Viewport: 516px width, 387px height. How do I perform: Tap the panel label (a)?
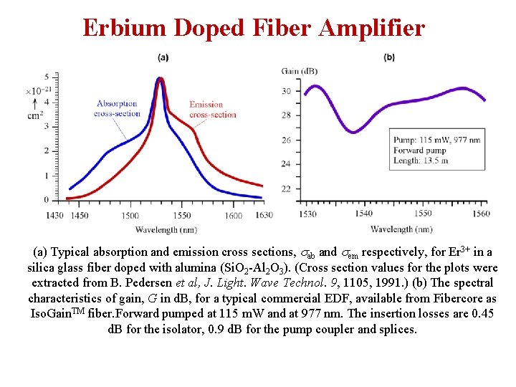click(x=163, y=57)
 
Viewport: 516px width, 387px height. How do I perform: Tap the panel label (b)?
click(x=390, y=57)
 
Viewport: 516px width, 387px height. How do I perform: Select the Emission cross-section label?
click(x=212, y=110)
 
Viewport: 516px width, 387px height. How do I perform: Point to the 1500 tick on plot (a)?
click(x=130, y=215)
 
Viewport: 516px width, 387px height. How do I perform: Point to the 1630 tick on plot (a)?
click(x=264, y=215)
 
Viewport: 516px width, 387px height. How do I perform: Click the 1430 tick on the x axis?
click(x=54, y=215)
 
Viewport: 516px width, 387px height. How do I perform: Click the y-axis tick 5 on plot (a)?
click(x=47, y=76)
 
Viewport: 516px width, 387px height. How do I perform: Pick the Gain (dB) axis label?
click(x=300, y=70)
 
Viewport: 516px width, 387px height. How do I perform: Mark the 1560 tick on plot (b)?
click(x=481, y=213)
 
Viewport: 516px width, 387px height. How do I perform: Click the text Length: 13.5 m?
click(x=421, y=161)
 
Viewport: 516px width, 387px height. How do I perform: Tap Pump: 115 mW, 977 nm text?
click(x=437, y=140)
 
